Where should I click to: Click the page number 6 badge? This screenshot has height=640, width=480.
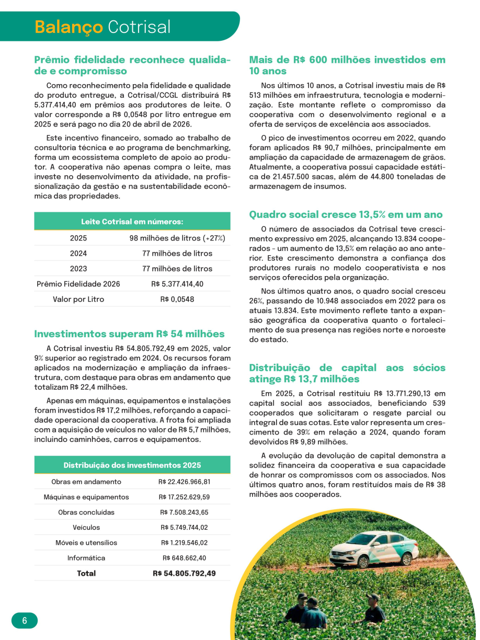tap(24, 621)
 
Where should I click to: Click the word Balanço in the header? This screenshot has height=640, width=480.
tap(68, 27)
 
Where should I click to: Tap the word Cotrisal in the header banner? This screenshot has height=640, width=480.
tap(139, 27)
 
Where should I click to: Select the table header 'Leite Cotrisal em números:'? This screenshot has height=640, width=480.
tap(132, 222)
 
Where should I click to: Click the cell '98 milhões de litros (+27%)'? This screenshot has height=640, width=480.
tap(177, 238)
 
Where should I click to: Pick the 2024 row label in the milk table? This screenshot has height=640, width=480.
tap(78, 253)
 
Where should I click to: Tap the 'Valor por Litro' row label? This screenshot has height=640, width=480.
tap(78, 299)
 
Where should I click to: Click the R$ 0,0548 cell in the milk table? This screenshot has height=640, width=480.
tap(177, 299)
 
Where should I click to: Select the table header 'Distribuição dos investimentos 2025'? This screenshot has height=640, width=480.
tap(132, 465)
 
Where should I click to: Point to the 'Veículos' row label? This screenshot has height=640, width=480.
tap(86, 527)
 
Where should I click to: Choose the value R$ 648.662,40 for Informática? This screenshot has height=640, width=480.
tap(184, 558)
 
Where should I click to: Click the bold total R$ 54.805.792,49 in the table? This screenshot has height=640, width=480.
tap(184, 573)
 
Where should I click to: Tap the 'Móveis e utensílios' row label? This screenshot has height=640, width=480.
tap(86, 543)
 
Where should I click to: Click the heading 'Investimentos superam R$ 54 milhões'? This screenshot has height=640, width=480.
tap(129, 334)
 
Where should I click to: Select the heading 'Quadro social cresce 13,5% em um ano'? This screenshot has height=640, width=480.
tap(346, 214)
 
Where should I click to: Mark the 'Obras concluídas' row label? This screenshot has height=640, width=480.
tap(86, 512)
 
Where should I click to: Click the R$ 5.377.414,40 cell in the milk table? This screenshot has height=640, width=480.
tap(177, 284)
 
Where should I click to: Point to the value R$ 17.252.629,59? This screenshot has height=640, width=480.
tap(184, 497)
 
